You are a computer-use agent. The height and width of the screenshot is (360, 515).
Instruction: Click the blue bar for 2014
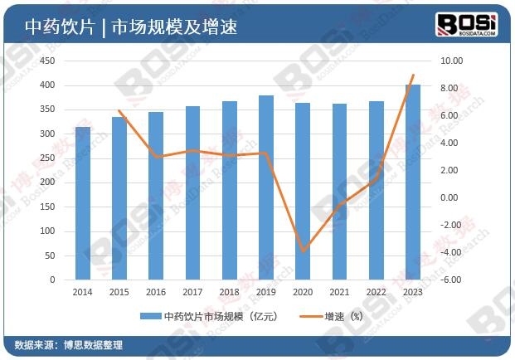(x=83, y=203)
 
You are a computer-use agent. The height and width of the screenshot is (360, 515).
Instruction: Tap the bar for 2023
(x=413, y=182)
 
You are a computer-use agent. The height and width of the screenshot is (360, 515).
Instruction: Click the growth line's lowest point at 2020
(x=304, y=251)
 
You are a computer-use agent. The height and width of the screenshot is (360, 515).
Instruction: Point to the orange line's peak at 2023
(x=413, y=75)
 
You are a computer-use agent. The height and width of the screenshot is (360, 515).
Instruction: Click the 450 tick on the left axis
(x=47, y=61)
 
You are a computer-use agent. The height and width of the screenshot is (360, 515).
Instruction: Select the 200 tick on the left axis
(x=47, y=182)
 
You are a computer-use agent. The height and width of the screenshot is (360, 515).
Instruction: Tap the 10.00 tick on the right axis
(x=451, y=61)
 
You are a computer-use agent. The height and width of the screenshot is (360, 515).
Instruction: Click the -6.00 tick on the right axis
(x=451, y=280)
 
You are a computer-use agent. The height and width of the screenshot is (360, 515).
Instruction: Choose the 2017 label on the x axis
(x=192, y=292)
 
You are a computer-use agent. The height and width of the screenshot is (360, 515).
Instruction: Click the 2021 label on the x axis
(x=340, y=292)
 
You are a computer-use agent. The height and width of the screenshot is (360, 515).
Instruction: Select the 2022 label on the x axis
(x=377, y=292)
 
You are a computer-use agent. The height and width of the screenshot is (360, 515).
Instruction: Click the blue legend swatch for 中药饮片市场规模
(x=150, y=316)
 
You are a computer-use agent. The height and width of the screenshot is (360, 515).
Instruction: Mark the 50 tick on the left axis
(x=50, y=256)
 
